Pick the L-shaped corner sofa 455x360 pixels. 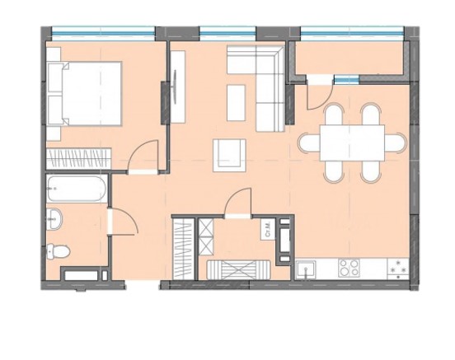point(264,82)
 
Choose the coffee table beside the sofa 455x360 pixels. point(236,101)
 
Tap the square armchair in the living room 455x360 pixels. point(228,154)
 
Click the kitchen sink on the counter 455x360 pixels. point(308,268)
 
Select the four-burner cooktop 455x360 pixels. point(348,268)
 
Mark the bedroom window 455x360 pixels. point(104,33)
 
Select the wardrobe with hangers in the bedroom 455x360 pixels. point(79,156)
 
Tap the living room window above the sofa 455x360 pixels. point(227,33)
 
